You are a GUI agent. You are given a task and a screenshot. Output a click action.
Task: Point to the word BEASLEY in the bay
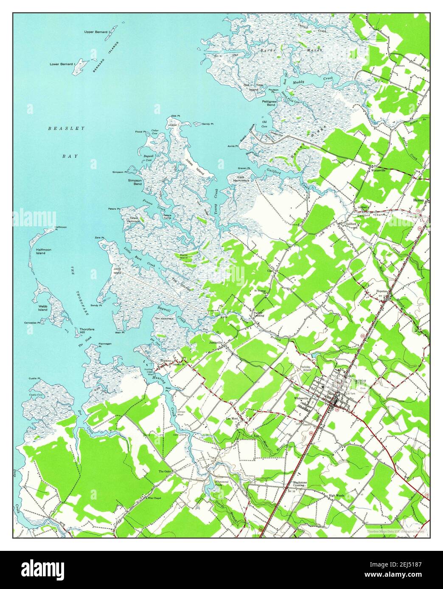[x=66, y=128]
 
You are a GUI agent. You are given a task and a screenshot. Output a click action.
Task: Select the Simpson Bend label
[x=135, y=182]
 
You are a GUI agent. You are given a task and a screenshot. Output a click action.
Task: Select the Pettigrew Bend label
[x=269, y=103]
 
